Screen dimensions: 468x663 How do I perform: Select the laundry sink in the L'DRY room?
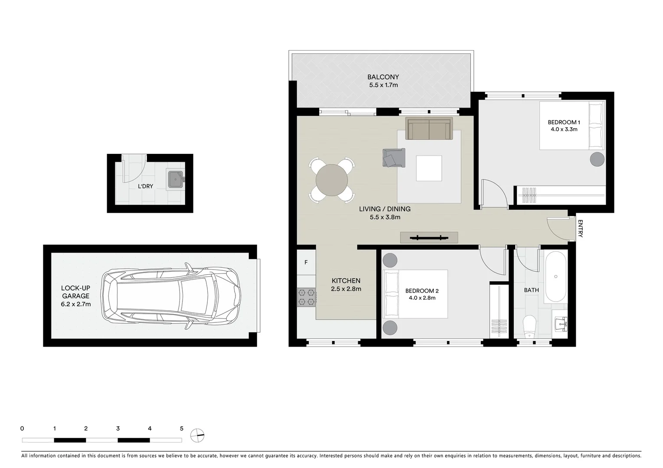pos(176,179)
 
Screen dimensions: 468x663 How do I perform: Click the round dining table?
pos(332,180)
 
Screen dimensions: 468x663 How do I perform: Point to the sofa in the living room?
pos(429,128)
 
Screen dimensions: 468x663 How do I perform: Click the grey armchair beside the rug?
pos(393,157)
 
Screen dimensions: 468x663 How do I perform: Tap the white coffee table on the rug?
pos(429,168)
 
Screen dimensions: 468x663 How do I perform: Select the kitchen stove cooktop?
pos(306,297)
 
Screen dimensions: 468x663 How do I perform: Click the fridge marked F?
pos(306,262)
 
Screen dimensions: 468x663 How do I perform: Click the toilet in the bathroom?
pos(529,327)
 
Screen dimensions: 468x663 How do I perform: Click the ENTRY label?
pos(580,228)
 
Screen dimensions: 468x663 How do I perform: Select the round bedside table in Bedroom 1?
pos(597,159)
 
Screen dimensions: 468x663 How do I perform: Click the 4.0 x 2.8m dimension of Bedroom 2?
pos(421,298)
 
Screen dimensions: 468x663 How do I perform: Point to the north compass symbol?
pos(197,435)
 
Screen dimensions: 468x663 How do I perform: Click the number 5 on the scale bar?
pos(181,429)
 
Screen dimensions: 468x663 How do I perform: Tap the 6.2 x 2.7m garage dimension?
pos(75,304)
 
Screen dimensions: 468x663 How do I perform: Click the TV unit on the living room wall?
pos(429,237)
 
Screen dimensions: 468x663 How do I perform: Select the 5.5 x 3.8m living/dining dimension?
pos(385,217)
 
